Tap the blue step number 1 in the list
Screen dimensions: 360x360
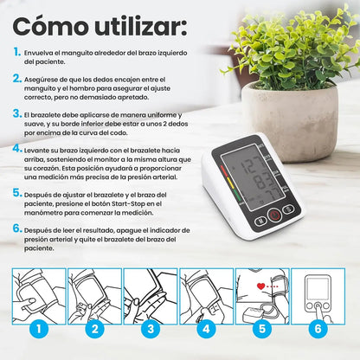coord(17,52)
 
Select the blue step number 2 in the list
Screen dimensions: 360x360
coord(17,78)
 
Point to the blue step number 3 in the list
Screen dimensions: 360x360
coord(17,113)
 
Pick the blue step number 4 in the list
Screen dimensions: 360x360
coord(17,149)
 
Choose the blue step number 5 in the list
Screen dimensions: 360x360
coord(17,193)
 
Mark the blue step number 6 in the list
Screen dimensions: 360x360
coord(17,229)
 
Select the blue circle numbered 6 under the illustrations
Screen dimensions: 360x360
coord(317,329)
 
